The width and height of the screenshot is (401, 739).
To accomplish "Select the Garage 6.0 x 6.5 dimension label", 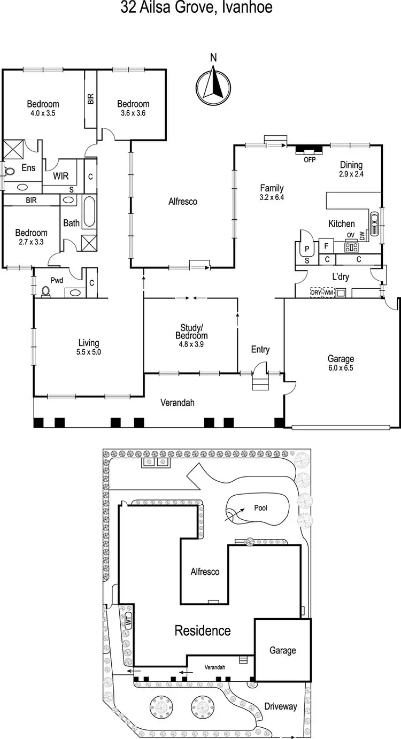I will [341, 364].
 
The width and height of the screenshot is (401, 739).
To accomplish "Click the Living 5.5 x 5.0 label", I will [89, 348].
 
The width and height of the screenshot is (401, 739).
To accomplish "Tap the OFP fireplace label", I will [309, 159].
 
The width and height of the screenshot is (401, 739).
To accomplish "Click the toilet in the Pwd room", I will [46, 291].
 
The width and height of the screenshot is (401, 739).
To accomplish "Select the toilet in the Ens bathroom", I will [9, 171].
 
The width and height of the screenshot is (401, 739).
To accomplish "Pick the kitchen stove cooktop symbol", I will [351, 247].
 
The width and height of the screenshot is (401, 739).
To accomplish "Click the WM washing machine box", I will [328, 292].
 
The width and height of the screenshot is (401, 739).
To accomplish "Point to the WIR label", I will [60, 176].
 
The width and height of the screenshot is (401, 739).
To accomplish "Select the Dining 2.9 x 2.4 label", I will [351, 169].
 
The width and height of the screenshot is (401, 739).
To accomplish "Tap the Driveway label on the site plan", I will [280, 706].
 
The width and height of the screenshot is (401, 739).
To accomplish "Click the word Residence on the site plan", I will [203, 630].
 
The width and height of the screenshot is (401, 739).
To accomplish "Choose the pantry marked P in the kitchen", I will [307, 249].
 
